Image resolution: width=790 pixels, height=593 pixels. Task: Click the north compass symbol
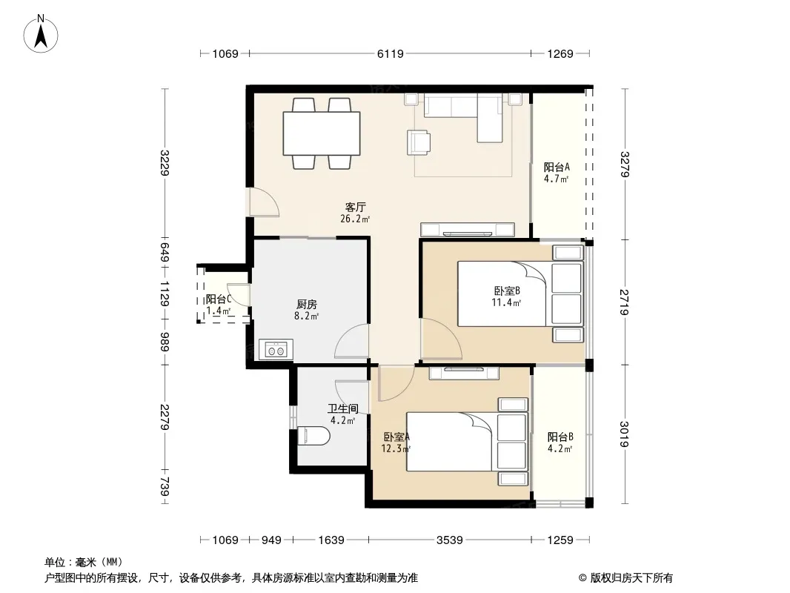pyautogui.click(x=41, y=33)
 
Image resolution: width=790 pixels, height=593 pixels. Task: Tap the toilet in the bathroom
pyautogui.click(x=313, y=437)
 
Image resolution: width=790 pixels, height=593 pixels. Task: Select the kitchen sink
pyautogui.click(x=276, y=350)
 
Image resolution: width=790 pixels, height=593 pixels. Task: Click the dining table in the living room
pyautogui.click(x=322, y=133)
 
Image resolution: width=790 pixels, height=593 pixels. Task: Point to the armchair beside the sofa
pyautogui.click(x=419, y=142)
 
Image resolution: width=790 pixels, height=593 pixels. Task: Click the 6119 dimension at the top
pyautogui.click(x=391, y=53)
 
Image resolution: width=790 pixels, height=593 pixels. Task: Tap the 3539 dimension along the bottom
pyautogui.click(x=449, y=540)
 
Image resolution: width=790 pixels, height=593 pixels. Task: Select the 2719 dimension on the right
pyautogui.click(x=625, y=302)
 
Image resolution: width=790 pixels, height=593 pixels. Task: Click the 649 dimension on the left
pyautogui.click(x=165, y=252)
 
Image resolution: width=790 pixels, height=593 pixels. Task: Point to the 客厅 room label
pyautogui.click(x=355, y=207)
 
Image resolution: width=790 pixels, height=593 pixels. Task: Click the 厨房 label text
pyautogui.click(x=306, y=305)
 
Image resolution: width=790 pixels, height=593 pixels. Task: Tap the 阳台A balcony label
pyautogui.click(x=557, y=167)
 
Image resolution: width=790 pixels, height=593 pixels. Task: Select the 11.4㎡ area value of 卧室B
pyautogui.click(x=506, y=302)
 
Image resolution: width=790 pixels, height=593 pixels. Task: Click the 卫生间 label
pyautogui.click(x=343, y=408)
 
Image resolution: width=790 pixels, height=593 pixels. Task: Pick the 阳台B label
pyautogui.click(x=560, y=437)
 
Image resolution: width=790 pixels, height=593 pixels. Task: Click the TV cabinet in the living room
pyautogui.click(x=468, y=230)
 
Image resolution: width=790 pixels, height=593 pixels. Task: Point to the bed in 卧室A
pyautogui.click(x=467, y=442)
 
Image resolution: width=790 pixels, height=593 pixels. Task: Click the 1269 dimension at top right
pyautogui.click(x=560, y=53)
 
